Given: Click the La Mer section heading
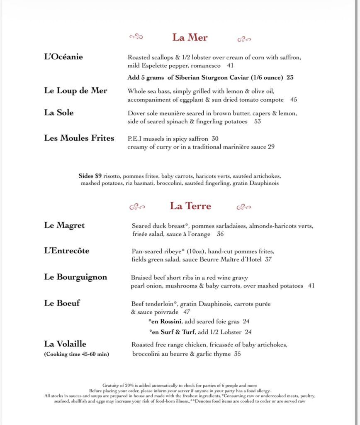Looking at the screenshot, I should point(190,37).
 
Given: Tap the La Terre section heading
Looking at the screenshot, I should point(190,206).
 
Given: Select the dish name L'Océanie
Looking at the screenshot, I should point(63,57).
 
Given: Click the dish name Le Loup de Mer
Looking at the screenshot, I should point(75,90).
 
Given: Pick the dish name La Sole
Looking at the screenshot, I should point(59,112).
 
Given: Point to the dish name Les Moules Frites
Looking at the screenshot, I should point(79,138).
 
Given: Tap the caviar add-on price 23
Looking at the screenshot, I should point(290,77).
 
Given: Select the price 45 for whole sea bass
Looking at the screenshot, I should point(294,100).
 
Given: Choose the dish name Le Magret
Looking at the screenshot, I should point(64,225).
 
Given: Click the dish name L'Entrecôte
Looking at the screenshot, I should point(67,251).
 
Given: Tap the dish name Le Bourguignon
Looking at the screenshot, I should point(75,277).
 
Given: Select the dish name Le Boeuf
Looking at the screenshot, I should point(62,303).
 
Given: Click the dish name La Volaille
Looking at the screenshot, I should point(65,344).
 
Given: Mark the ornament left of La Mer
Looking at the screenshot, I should point(136,37).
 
